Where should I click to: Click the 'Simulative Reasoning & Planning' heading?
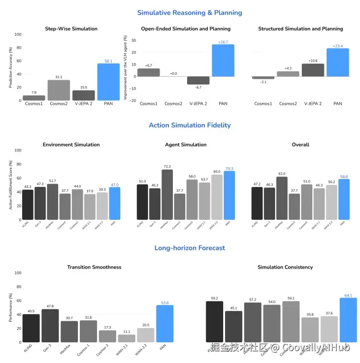[190, 13]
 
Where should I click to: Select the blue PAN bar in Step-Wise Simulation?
[108, 82]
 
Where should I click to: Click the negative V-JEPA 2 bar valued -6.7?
[198, 81]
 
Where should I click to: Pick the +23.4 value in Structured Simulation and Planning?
[337, 46]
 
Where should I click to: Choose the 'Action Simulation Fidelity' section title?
[190, 125]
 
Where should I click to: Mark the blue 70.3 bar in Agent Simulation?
[229, 195]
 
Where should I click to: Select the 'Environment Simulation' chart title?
[71, 145]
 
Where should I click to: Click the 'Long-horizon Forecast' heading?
[190, 248]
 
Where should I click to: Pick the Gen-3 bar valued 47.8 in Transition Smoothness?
[50, 326]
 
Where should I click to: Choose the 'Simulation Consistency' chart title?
[285, 267]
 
